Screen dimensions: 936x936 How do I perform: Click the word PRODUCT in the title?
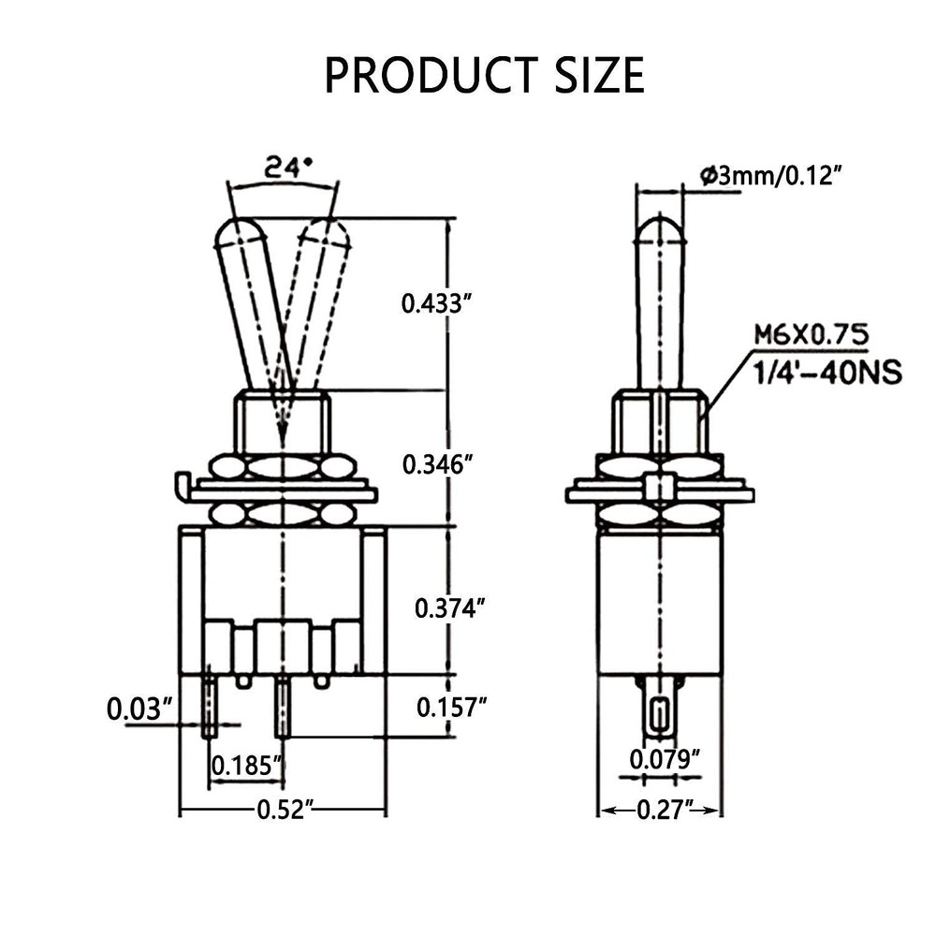[431, 74]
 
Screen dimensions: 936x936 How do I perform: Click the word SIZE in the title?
[600, 74]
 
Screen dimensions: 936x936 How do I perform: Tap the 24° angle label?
[289, 168]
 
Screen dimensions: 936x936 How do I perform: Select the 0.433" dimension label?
[432, 304]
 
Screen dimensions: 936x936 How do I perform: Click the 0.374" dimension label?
[449, 608]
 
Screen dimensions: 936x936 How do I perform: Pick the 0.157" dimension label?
[452, 708]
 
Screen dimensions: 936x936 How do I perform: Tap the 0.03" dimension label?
[139, 709]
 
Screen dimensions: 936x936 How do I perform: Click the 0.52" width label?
[285, 810]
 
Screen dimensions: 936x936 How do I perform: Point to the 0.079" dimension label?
[665, 759]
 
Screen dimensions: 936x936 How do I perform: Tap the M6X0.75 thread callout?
[812, 335]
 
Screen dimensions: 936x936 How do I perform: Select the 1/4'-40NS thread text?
[826, 373]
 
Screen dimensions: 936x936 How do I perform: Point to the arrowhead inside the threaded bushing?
[281, 434]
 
